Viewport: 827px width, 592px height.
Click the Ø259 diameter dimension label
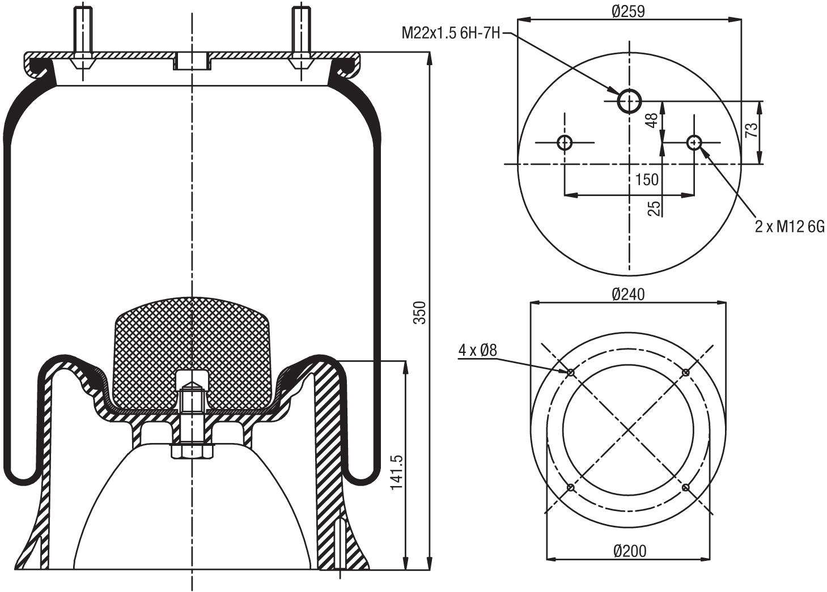(x=629, y=11)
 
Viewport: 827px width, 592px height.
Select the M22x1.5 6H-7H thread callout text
(x=451, y=33)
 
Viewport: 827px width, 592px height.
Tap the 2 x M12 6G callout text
(x=789, y=227)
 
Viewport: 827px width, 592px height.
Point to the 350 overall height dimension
(x=419, y=313)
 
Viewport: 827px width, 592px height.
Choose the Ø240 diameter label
(x=628, y=294)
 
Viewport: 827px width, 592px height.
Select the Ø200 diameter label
(x=629, y=550)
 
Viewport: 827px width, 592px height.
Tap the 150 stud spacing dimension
(x=646, y=180)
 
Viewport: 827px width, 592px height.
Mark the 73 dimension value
(x=751, y=130)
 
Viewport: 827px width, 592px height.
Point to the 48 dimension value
(x=652, y=120)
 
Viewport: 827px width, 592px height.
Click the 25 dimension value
(x=654, y=208)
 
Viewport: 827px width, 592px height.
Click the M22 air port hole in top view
(x=629, y=101)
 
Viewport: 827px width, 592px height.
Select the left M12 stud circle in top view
(x=565, y=142)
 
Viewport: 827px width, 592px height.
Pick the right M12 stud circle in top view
(x=694, y=142)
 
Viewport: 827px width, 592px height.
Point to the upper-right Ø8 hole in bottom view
(x=686, y=372)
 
